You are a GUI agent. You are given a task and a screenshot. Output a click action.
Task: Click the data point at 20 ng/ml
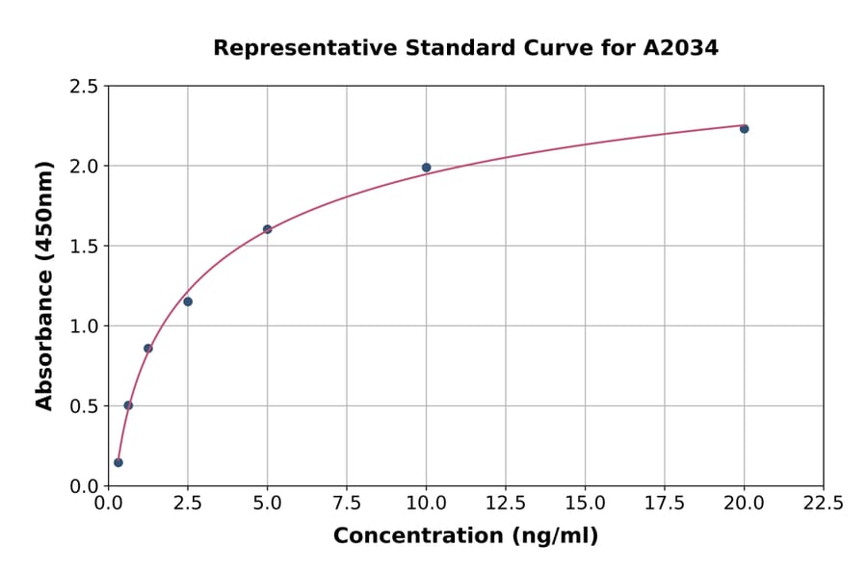click(744, 128)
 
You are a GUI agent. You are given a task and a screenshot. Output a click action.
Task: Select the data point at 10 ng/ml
click(426, 168)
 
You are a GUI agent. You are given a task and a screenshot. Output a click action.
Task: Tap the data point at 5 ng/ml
click(267, 229)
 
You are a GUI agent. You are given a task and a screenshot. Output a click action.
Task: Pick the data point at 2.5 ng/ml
click(188, 301)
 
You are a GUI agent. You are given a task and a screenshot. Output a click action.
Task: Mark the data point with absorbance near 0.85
click(147, 349)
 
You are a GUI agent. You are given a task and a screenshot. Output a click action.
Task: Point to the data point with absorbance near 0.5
click(128, 405)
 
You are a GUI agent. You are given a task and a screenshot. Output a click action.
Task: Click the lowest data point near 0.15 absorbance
click(118, 462)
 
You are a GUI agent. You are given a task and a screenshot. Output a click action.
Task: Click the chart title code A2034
click(680, 47)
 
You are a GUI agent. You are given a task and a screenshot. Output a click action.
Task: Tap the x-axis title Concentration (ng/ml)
click(465, 535)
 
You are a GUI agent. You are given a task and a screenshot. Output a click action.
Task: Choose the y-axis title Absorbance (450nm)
click(44, 285)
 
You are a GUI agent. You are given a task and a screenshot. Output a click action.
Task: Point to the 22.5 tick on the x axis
click(823, 503)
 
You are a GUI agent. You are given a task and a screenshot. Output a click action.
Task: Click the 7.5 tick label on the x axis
click(347, 503)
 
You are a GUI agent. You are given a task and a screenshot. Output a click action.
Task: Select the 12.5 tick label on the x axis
click(505, 503)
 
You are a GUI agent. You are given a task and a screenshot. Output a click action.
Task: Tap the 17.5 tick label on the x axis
click(664, 503)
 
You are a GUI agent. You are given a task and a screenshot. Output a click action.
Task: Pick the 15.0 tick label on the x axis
click(585, 503)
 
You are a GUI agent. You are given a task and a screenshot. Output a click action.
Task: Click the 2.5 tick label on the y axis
click(85, 87)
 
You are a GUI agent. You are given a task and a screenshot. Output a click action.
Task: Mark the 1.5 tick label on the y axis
click(85, 247)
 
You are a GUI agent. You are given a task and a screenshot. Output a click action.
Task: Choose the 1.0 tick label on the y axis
click(85, 326)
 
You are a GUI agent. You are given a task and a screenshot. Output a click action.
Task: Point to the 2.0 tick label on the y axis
click(85, 167)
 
